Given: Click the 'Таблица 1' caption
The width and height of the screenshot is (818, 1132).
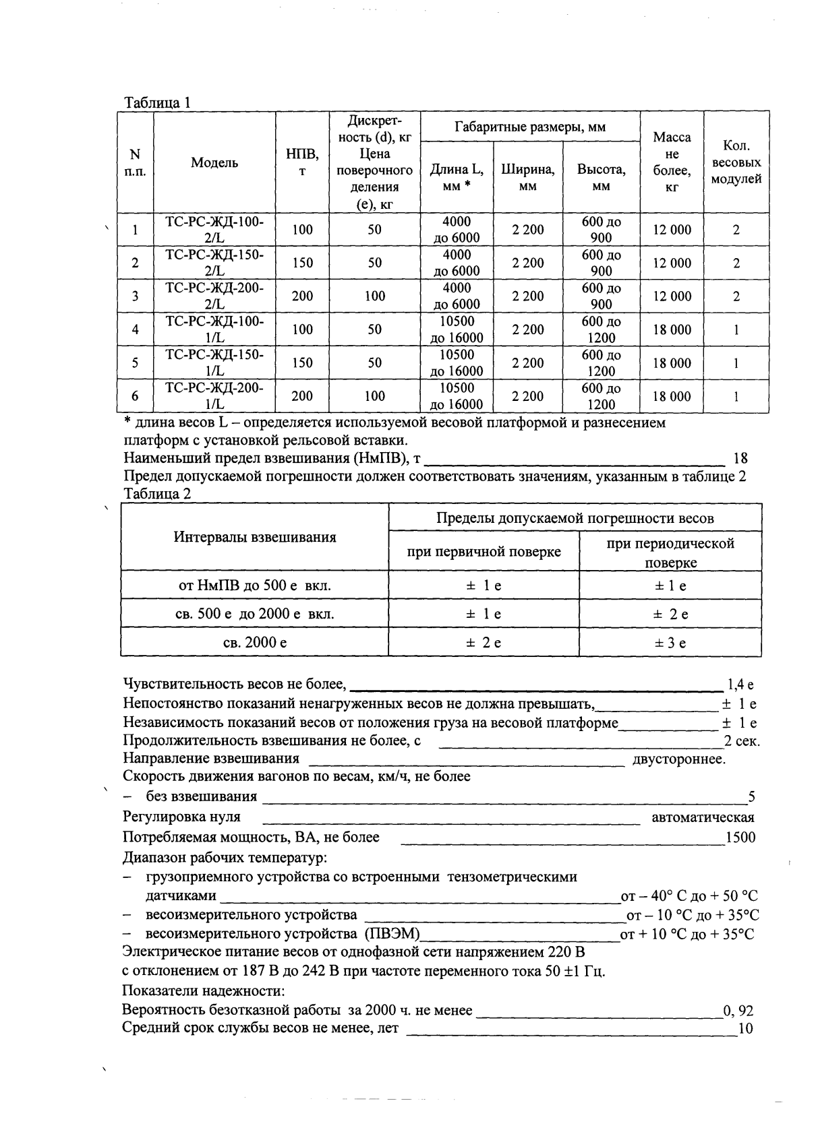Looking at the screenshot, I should click(157, 102).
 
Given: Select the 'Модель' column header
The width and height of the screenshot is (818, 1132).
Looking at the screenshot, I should click(214, 162).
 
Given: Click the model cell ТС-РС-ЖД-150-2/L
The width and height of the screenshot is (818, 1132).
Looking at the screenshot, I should click(214, 263).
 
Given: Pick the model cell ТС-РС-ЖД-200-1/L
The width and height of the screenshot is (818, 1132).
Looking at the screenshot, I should click(214, 396).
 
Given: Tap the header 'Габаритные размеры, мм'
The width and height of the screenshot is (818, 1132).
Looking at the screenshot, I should click(529, 127).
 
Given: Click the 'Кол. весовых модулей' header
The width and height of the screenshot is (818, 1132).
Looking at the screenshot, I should click(736, 162).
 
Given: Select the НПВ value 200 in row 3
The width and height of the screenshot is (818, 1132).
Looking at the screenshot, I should click(302, 296).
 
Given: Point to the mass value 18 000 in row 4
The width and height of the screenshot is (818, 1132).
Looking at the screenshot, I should click(672, 329).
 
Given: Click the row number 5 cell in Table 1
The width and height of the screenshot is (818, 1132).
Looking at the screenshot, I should click(135, 363).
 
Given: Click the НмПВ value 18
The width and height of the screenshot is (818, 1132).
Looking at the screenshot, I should click(740, 459).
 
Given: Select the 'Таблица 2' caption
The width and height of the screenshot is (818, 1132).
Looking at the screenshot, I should click(157, 494).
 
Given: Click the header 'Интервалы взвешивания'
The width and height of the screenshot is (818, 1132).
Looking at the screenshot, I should click(254, 537).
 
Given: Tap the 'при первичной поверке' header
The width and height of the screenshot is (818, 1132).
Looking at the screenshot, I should click(484, 552).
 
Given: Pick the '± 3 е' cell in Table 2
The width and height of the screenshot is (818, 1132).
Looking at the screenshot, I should click(670, 643).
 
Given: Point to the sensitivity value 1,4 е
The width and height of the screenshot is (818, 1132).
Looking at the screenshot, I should click(740, 685).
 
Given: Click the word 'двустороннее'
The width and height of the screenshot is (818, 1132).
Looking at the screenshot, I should click(678, 759).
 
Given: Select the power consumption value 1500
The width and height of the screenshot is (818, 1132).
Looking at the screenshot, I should click(740, 838).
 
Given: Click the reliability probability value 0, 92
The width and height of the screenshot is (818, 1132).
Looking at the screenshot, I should click(738, 1011).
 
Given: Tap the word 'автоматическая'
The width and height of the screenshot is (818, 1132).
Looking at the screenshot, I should click(703, 817).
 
